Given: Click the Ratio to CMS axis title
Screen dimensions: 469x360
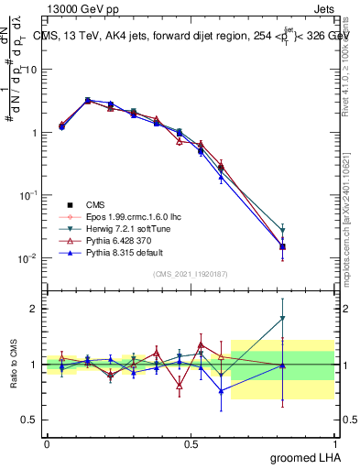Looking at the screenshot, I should click(13, 365).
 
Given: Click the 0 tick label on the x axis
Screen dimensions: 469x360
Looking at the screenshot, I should click(47, 442).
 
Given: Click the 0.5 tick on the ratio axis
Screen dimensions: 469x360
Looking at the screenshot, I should click(30, 420).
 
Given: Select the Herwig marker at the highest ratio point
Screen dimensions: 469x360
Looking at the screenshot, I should click(283, 319).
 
